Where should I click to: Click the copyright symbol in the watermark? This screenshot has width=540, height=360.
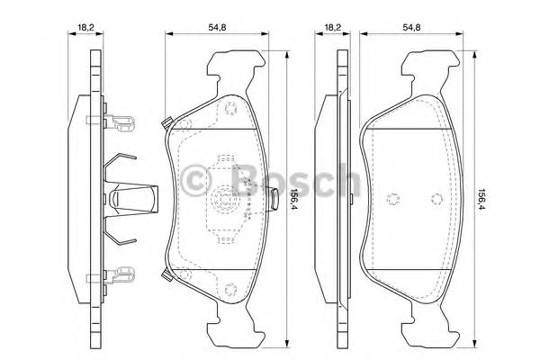coord(193,179)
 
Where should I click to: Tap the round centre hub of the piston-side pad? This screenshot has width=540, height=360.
coord(223,201)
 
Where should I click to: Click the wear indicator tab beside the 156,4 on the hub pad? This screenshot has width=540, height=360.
coord(274,192)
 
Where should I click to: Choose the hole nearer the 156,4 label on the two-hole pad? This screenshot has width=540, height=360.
coord(435,200)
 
